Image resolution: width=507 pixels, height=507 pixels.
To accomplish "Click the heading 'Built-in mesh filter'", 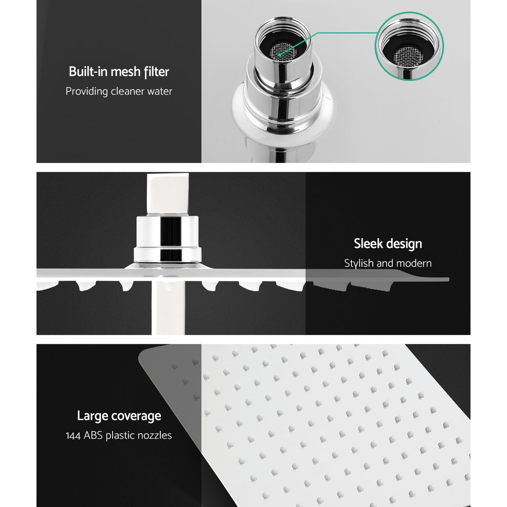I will [119, 71].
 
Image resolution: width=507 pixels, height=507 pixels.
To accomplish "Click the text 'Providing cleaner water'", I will [119, 92].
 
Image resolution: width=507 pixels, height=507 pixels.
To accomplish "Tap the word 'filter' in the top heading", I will [156, 71].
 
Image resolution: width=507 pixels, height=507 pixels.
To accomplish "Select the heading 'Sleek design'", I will [388, 244].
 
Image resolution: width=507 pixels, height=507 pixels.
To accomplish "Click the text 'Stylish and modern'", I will [388, 264].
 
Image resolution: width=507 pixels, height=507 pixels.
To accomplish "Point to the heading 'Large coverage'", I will [119, 416].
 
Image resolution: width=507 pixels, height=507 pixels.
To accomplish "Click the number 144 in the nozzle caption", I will [74, 436].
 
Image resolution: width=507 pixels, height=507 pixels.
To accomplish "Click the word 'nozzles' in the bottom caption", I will [154, 436].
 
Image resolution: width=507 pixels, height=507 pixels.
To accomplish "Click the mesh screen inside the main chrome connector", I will [280, 49].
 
